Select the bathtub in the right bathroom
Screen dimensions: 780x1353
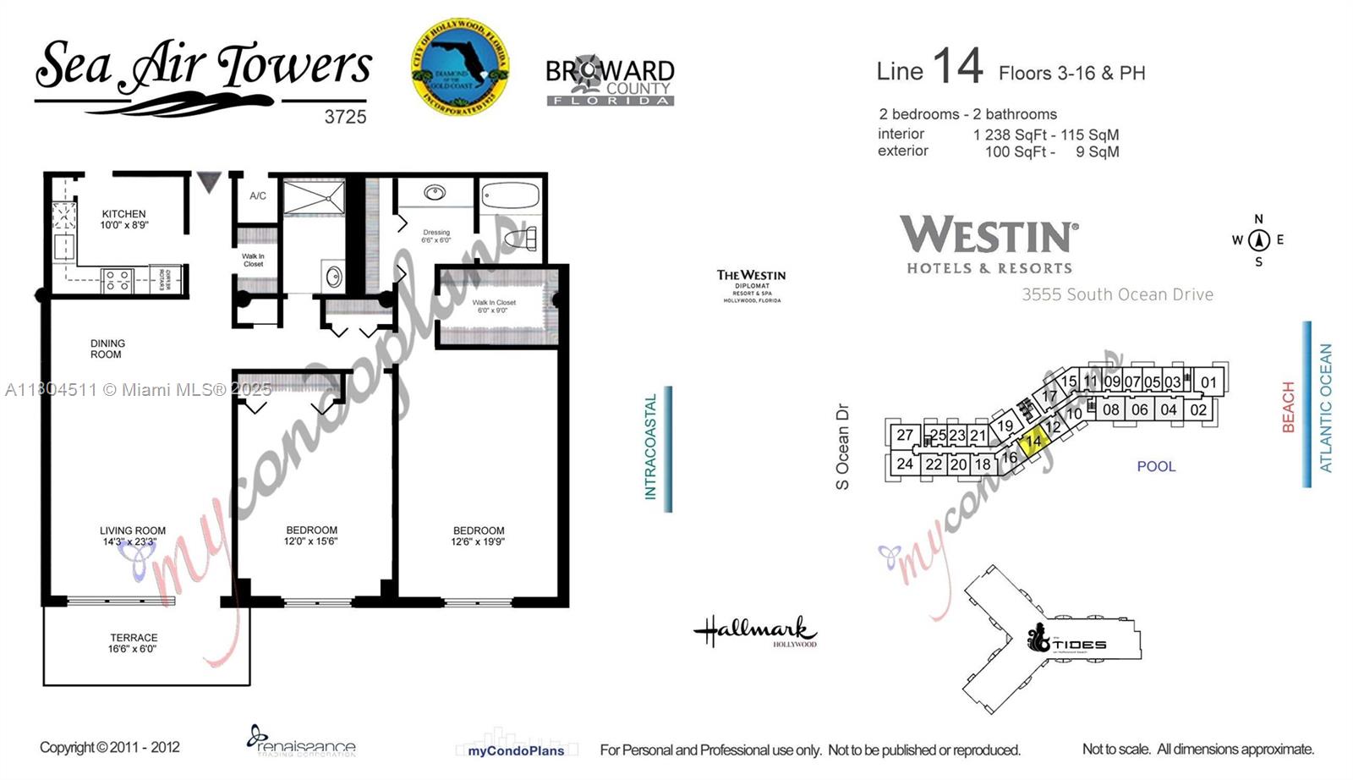click(x=511, y=196)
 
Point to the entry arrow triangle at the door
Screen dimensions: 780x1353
click(x=209, y=181)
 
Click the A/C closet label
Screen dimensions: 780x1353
click(x=258, y=195)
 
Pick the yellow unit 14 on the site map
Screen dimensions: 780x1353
click(x=1033, y=442)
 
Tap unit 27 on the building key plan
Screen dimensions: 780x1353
click(x=905, y=435)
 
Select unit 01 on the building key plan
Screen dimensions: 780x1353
click(x=1208, y=382)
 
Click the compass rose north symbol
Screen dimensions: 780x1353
click(x=1258, y=240)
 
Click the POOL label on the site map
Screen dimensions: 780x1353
click(x=1156, y=466)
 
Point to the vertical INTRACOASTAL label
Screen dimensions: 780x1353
click(x=650, y=447)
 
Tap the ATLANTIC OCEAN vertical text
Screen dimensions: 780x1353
click(x=1325, y=407)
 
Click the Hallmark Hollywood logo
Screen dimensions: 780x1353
click(x=755, y=631)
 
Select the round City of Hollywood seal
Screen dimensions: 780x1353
click(x=460, y=68)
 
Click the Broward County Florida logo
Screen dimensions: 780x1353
click(x=610, y=81)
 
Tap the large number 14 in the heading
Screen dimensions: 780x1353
click(x=957, y=66)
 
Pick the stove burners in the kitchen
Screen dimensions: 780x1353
click(x=118, y=280)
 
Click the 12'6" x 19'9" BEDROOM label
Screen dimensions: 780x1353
click(x=478, y=536)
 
